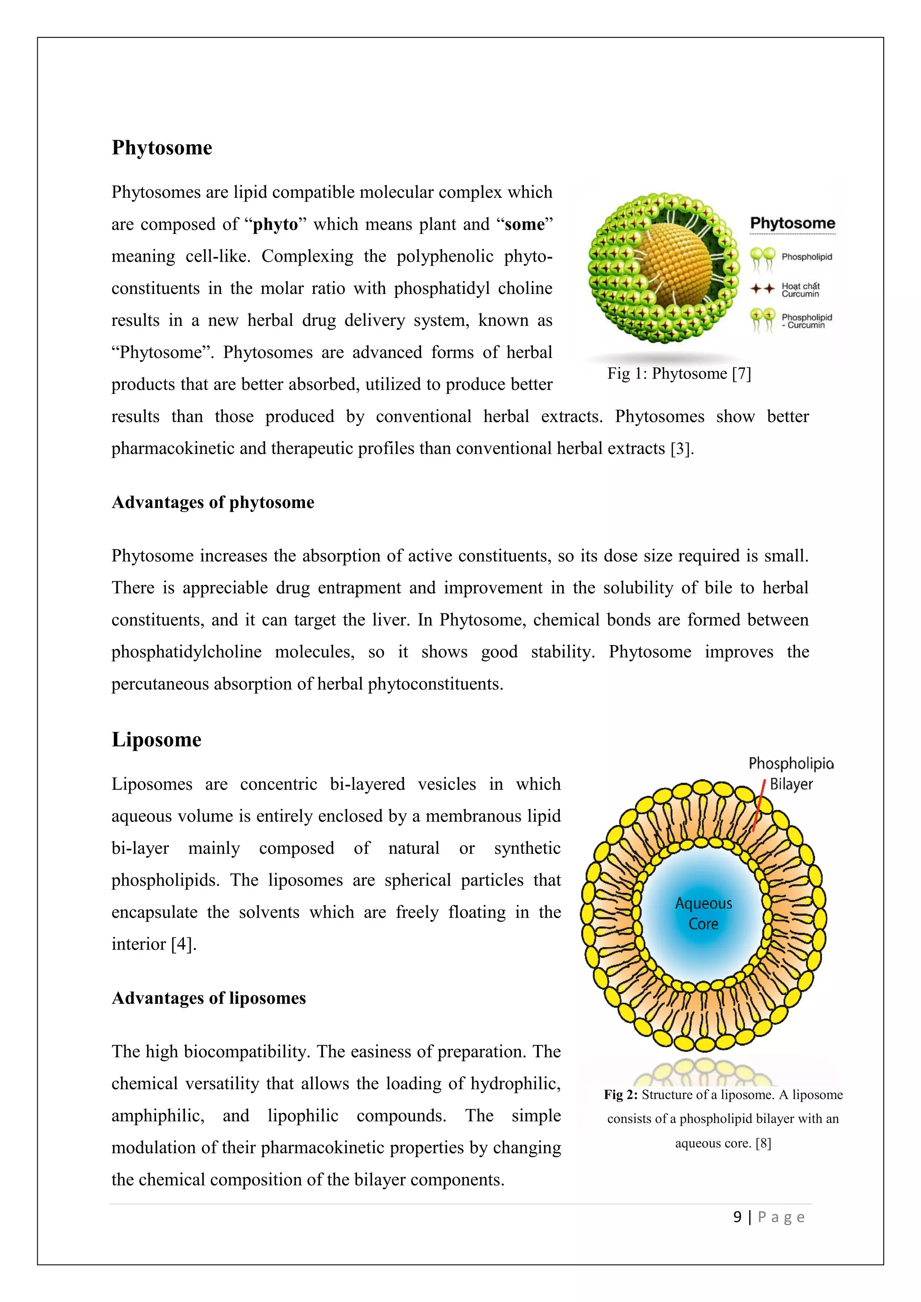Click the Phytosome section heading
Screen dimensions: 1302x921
point(161,148)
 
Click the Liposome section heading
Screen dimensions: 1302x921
point(156,740)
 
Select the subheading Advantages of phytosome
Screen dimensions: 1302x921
point(213,503)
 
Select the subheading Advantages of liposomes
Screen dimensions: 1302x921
point(209,998)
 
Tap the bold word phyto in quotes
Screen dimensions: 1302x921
point(275,224)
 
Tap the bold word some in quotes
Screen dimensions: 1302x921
point(524,224)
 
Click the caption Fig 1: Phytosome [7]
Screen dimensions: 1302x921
point(679,374)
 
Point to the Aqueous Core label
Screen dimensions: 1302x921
point(703,913)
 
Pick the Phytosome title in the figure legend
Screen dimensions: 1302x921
point(792,223)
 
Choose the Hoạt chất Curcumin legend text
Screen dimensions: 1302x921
point(800,290)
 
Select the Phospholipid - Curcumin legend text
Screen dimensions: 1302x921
point(806,321)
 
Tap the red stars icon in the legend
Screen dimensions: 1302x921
point(762,289)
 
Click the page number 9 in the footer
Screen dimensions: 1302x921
point(737,1217)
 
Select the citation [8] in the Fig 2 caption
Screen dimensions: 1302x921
point(763,1143)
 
